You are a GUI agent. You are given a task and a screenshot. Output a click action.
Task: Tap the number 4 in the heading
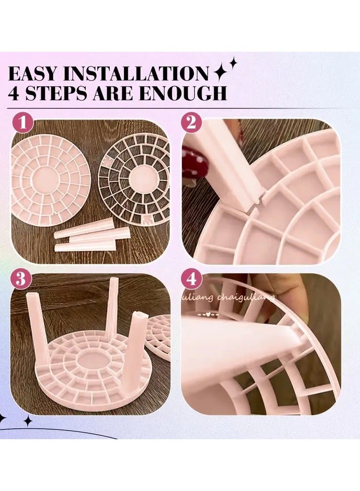[x=15, y=93]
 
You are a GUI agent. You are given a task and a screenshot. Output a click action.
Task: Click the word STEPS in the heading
[x=60, y=93]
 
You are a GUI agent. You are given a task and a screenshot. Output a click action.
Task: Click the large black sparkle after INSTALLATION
[x=220, y=73]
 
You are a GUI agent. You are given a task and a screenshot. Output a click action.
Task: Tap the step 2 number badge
[x=191, y=123]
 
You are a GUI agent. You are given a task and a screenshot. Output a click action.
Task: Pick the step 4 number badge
[x=191, y=279]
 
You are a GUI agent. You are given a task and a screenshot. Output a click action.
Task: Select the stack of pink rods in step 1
[x=92, y=236]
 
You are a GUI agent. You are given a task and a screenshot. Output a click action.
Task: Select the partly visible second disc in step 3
[x=160, y=334]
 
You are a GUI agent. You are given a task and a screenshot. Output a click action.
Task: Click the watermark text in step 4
[x=242, y=295]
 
